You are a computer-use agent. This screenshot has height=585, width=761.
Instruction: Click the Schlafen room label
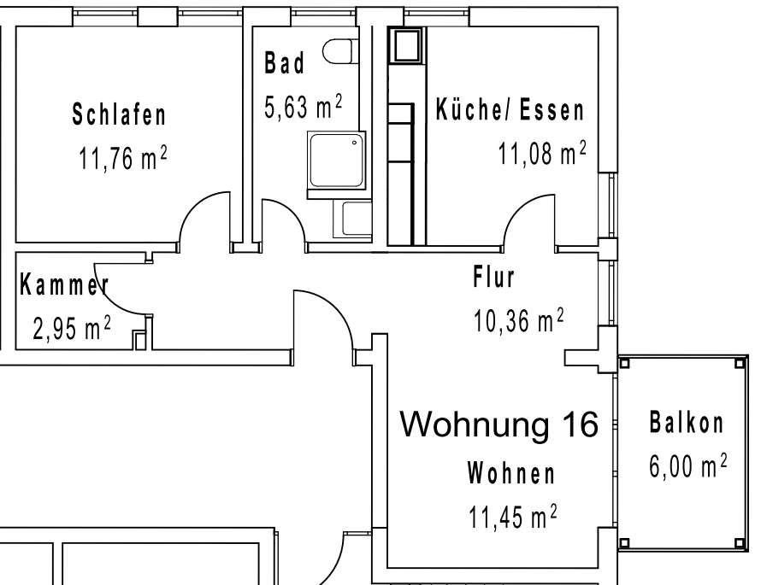click(119, 114)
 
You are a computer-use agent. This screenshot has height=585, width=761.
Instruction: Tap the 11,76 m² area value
click(122, 160)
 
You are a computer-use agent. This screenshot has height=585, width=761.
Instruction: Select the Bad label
click(284, 64)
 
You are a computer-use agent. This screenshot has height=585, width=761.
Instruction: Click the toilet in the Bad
click(340, 52)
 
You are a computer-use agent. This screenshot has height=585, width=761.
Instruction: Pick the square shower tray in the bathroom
click(336, 161)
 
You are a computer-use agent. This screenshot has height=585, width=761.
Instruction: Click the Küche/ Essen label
click(510, 110)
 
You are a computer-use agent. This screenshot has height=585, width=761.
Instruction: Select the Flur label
click(493, 277)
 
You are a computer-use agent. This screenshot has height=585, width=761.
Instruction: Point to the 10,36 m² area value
click(518, 321)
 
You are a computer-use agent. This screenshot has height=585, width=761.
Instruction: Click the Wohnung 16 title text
click(500, 424)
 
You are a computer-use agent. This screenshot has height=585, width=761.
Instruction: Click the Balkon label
click(687, 422)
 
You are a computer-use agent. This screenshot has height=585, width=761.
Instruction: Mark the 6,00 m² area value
click(688, 467)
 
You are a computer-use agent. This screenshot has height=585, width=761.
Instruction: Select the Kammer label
click(63, 285)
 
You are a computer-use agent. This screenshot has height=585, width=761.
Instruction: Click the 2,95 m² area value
click(72, 330)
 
